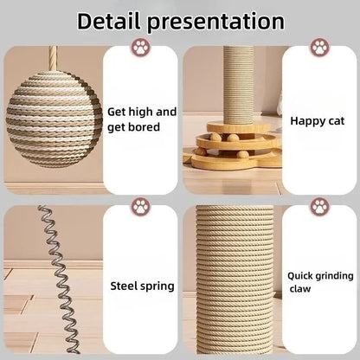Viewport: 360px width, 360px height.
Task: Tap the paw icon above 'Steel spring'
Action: pos(139,207)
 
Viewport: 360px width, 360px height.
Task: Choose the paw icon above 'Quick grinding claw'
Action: pos(320,207)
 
